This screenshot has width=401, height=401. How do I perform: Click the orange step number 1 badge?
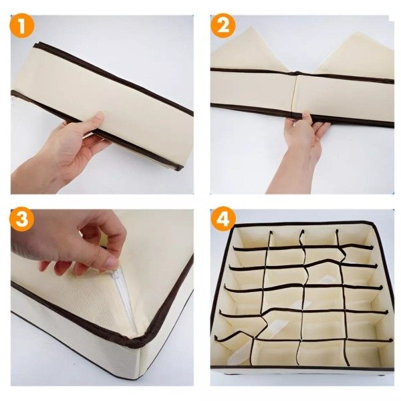[x=22, y=26]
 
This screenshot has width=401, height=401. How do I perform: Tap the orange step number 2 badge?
[x=223, y=26]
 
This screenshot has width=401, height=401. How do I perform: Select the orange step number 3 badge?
[x=22, y=219]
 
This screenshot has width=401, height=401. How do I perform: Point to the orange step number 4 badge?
[x=223, y=219]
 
